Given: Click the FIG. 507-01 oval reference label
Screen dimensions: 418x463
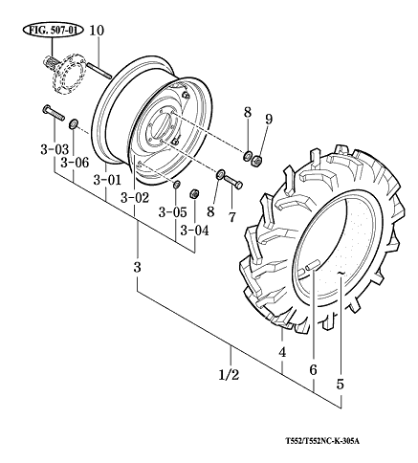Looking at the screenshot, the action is tap(53, 31).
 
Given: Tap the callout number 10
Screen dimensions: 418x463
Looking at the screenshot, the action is tap(97, 31).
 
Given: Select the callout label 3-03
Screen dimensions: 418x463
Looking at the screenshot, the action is tap(55, 149).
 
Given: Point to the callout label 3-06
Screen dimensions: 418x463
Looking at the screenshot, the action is tap(75, 163).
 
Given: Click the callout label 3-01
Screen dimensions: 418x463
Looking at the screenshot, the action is tap(107, 180).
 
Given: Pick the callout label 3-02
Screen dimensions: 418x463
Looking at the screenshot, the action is tap(135, 198).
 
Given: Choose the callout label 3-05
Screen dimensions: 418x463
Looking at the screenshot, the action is tap(172, 212).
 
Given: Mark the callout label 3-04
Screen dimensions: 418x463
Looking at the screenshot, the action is tap(195, 231).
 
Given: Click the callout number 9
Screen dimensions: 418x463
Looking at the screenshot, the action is tap(269, 120).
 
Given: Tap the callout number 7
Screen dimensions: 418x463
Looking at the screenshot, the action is tap(231, 217).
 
